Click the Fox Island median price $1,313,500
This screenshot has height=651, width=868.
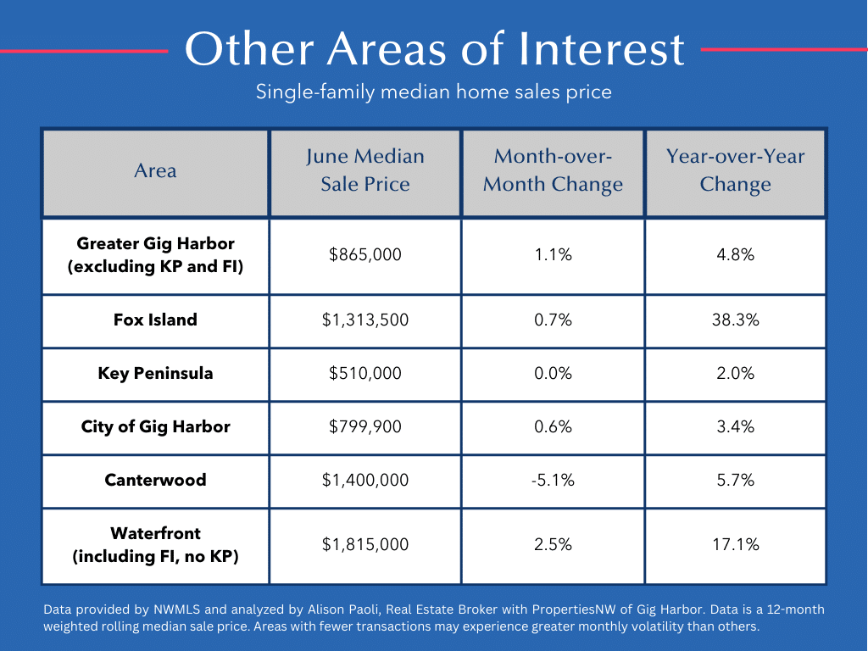coord(365,320)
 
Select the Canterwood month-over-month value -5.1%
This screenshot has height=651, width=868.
coord(553,480)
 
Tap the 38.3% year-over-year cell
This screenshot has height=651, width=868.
coord(735,320)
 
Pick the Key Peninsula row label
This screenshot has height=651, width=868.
coord(156,374)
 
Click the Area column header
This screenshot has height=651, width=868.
coord(156,170)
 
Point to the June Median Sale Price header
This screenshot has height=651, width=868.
coord(365,170)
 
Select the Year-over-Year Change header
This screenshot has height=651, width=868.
coord(735,170)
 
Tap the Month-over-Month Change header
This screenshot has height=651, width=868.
coord(553,170)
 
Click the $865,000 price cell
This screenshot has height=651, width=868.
coord(365,254)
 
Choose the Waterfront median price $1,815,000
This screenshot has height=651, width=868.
coord(365,545)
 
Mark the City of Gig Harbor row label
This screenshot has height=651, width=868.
coord(156,427)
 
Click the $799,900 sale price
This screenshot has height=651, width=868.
coord(365,427)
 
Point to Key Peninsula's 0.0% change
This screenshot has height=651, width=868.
coord(553,374)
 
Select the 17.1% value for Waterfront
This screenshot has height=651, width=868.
coord(735,545)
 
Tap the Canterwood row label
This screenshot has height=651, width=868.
coord(156,480)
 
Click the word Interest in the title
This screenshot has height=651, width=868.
coord(602,48)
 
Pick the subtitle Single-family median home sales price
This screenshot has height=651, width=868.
coord(434,92)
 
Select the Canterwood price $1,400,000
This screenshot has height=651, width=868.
coord(365,480)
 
